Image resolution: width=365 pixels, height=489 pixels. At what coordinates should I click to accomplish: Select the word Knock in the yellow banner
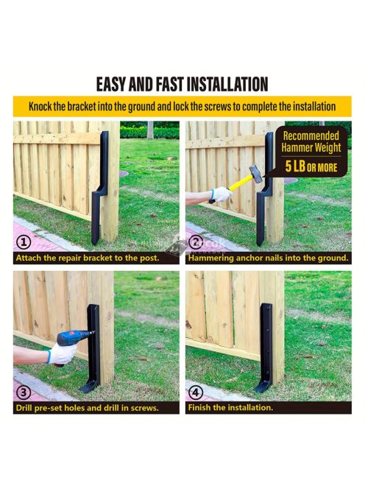pos(40,107)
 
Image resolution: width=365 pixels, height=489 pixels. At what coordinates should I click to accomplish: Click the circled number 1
pos(24,242)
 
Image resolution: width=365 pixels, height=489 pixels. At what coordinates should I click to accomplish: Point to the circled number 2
pos(196,242)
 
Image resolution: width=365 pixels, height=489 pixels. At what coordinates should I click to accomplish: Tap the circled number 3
pos(24,393)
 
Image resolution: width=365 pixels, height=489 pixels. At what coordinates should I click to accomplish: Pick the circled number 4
pos(196,393)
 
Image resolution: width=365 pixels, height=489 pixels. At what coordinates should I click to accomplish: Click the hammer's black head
pos(256,172)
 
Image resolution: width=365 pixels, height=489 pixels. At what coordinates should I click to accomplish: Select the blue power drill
pos(74,340)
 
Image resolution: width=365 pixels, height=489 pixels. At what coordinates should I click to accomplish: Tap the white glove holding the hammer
pos(221,194)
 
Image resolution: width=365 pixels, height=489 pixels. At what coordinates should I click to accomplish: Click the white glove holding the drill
pos(62,353)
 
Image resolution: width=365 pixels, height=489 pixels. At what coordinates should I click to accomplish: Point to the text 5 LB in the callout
pos(295,166)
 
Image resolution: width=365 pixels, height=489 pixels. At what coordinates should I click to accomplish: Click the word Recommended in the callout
pos(311,136)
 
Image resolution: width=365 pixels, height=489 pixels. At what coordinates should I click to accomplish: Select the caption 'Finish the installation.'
pos(230,407)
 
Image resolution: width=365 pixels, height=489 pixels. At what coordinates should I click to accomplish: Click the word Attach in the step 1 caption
pos(28,258)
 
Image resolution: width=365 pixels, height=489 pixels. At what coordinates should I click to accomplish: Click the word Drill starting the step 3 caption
pos(24,407)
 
